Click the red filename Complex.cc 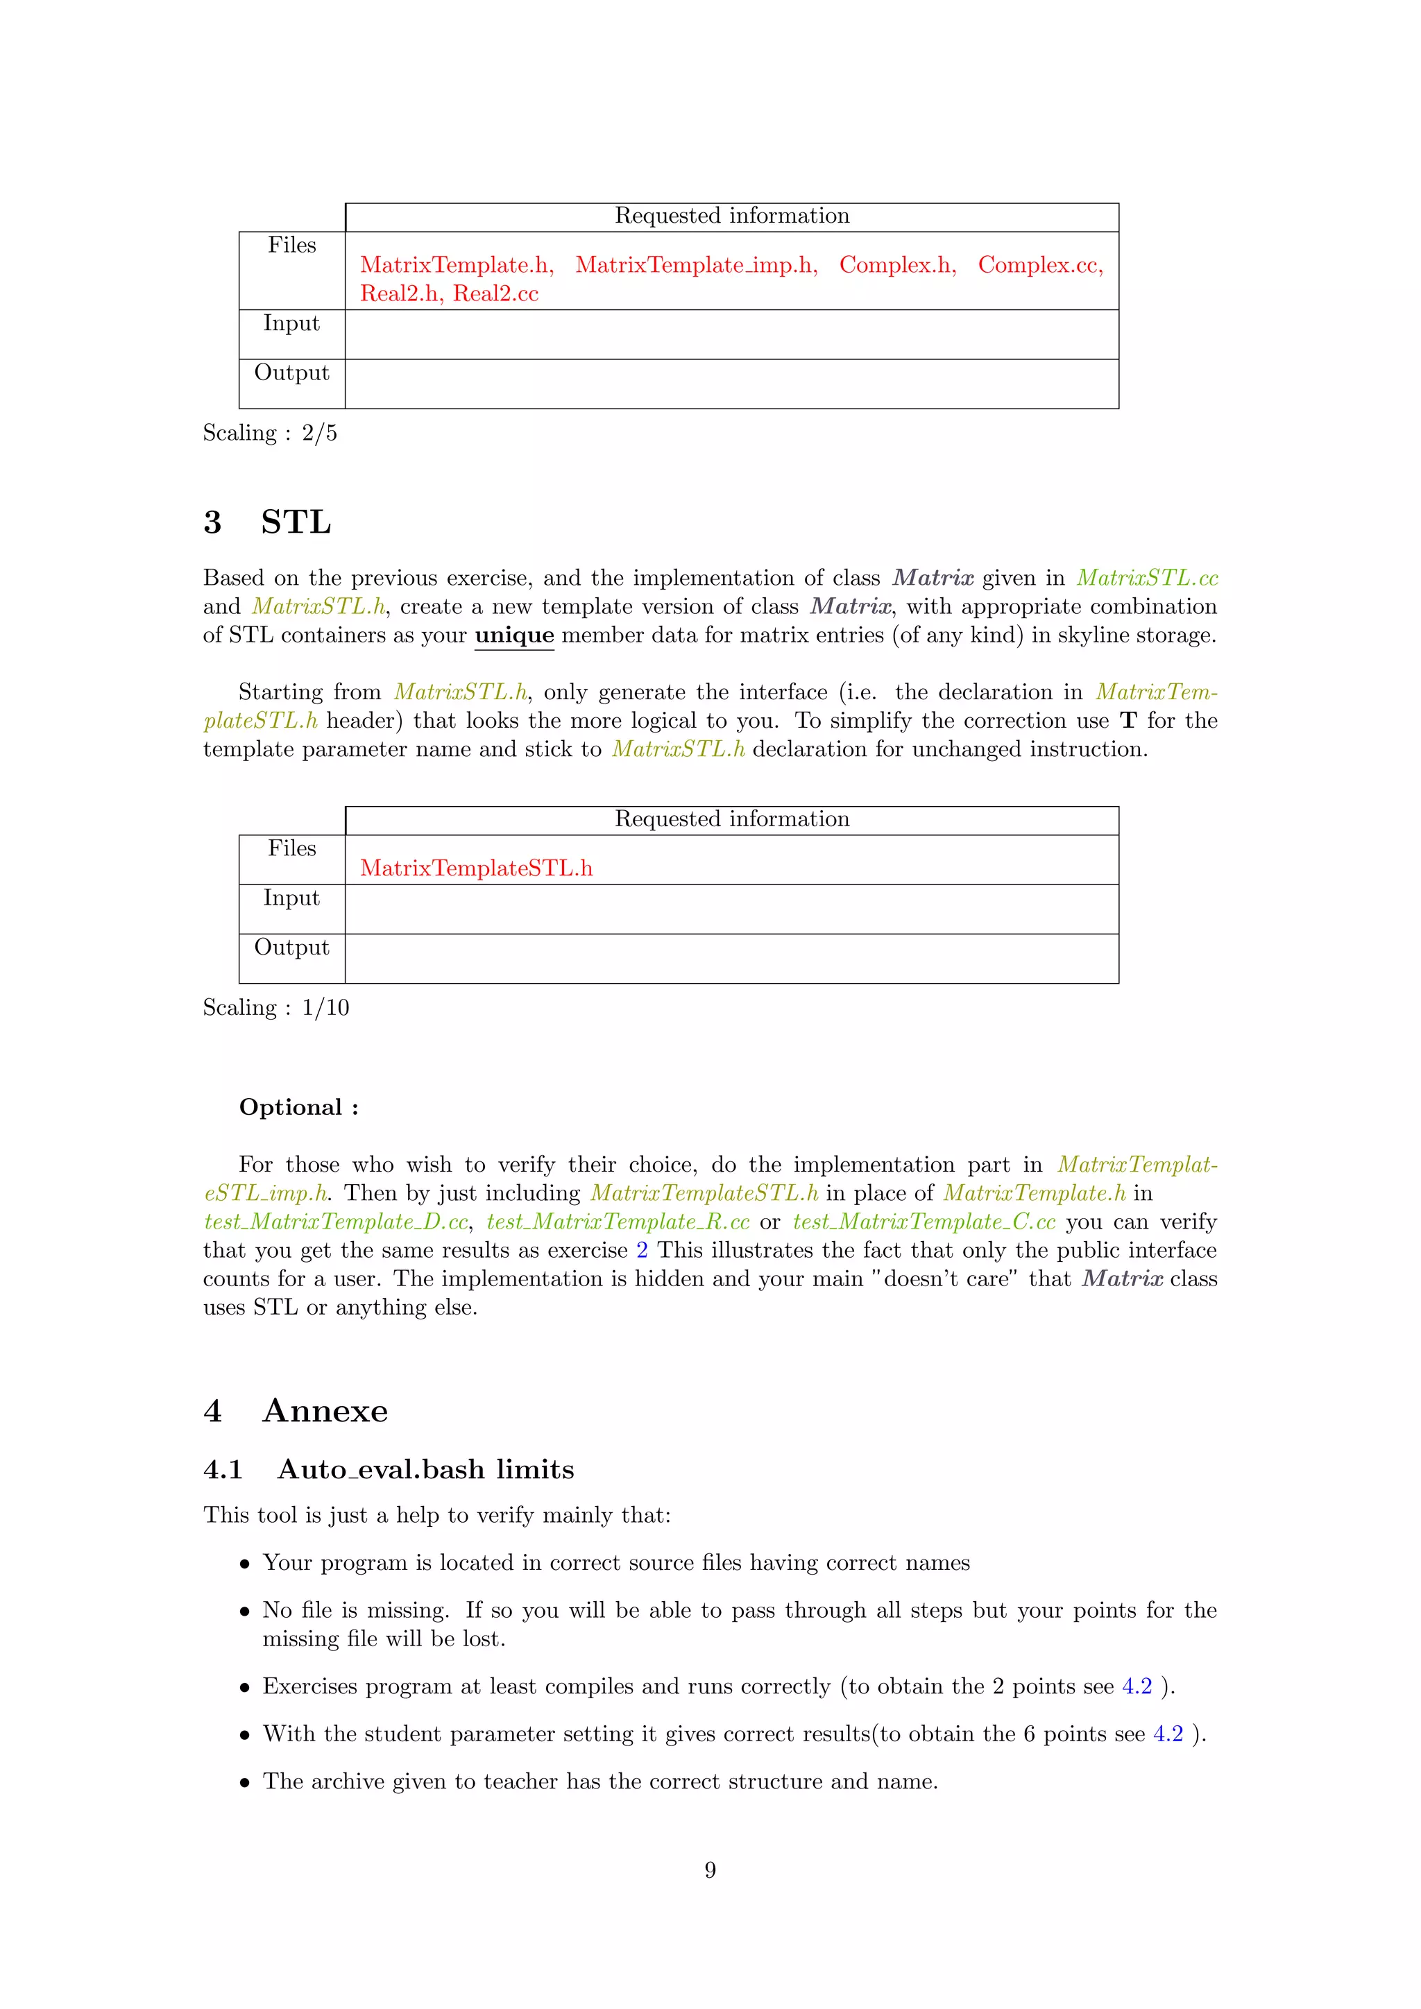1039,265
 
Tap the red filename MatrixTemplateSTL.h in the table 476,868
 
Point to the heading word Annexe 325,1412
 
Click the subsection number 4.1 223,1470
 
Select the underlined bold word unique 515,635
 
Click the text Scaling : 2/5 269,433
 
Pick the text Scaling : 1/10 275,1008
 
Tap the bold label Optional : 298,1108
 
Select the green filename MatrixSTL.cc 1147,579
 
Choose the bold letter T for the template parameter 1129,721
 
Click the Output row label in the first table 291,374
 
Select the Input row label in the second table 291,898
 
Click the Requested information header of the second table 731,820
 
